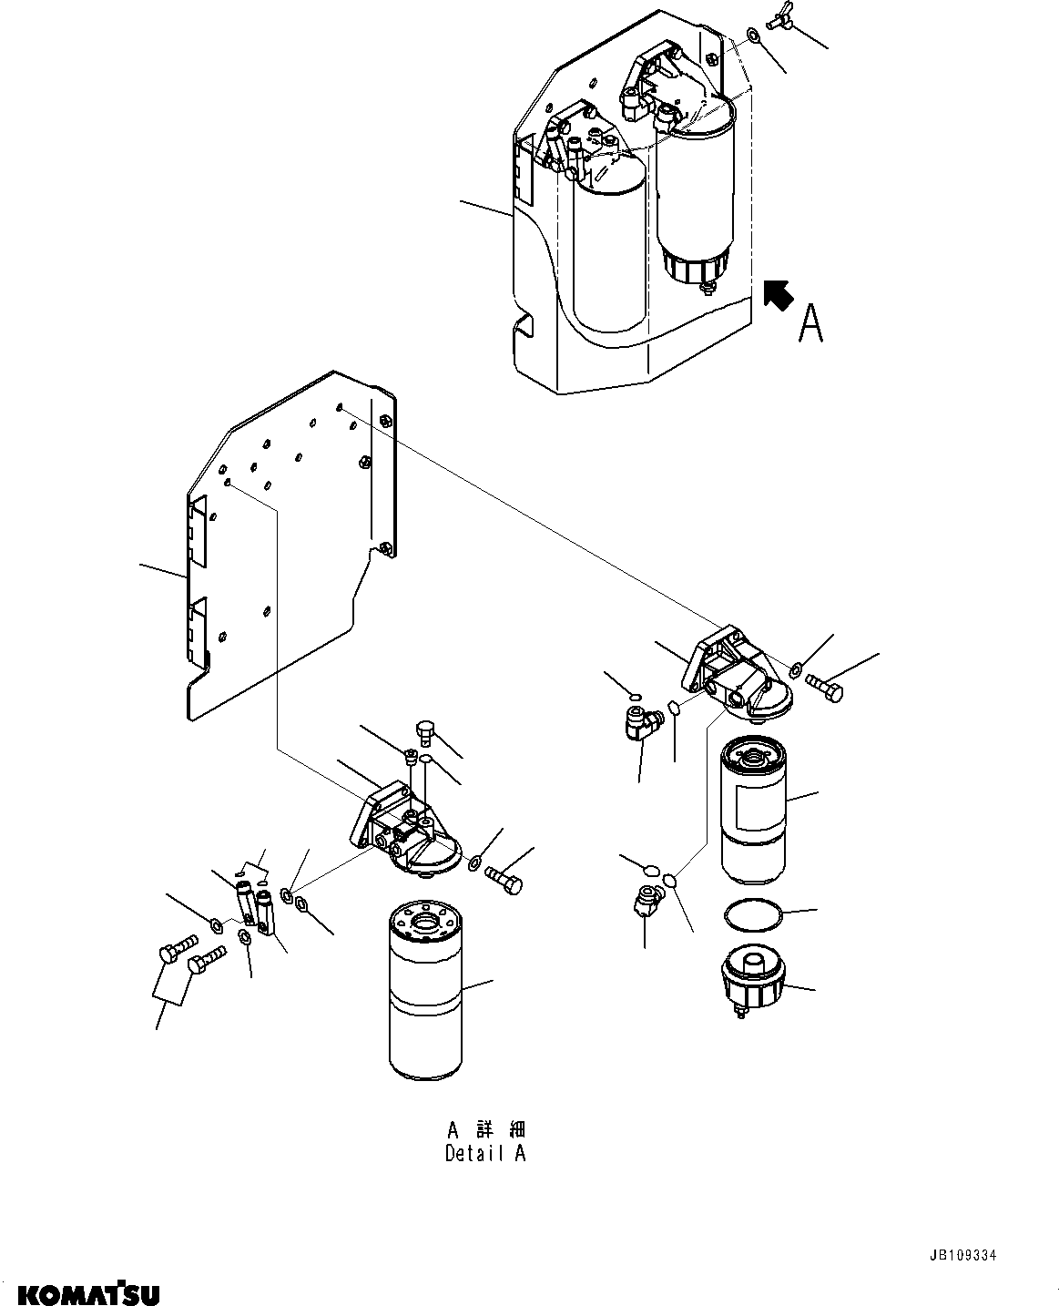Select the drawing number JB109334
pyautogui.click(x=963, y=1255)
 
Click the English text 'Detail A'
pyautogui.click(x=485, y=1153)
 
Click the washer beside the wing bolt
pyautogui.click(x=754, y=36)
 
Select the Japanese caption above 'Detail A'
pyautogui.click(x=485, y=1129)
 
